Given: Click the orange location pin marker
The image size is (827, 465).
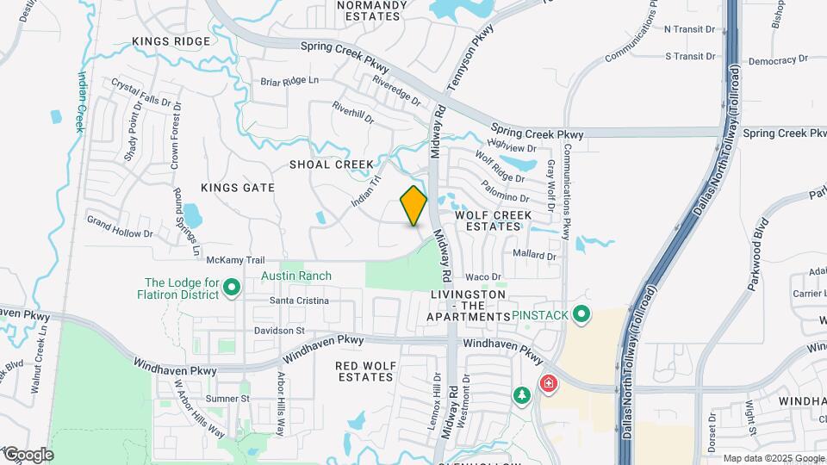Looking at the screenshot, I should (x=413, y=205).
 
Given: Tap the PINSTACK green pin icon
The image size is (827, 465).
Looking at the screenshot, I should (x=581, y=315).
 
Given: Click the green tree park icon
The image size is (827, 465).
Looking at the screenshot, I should (x=521, y=395).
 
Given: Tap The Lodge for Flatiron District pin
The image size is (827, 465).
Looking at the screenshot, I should (x=231, y=288).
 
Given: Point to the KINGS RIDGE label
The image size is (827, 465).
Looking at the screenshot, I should (x=171, y=41).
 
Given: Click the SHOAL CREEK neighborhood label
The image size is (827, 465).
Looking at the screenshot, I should (x=332, y=164).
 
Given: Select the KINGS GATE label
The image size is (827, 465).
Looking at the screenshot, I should (x=237, y=188).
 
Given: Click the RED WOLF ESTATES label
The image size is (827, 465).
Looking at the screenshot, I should (x=366, y=371).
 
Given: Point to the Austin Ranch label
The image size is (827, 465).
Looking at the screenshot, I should (x=296, y=276).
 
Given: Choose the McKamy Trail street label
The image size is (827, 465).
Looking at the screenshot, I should (x=228, y=259).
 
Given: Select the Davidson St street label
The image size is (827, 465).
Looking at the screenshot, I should (x=280, y=331).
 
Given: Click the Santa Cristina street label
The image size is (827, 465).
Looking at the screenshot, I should (x=299, y=301).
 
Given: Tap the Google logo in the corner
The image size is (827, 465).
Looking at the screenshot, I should (x=28, y=454).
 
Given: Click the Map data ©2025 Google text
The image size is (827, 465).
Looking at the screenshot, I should (x=773, y=458).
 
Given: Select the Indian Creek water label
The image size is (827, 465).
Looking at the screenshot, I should (x=81, y=101).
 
